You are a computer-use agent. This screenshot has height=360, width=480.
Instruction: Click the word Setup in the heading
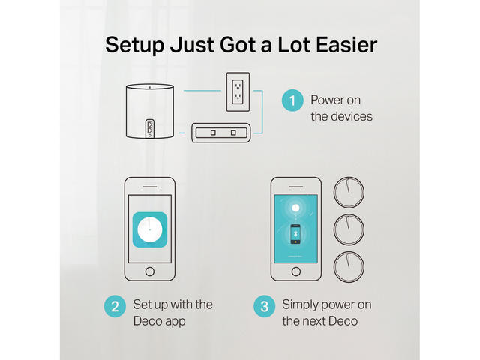(135, 45)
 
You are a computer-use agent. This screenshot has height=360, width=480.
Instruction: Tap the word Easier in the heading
(346, 45)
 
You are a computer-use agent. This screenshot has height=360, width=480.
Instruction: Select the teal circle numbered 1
(292, 100)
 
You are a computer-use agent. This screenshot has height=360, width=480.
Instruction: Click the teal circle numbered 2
(115, 306)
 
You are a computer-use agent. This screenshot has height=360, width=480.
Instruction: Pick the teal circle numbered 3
(265, 306)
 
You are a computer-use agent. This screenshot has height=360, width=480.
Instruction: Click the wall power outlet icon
(238, 91)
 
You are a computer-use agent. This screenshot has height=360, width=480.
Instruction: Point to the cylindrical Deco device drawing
(150, 111)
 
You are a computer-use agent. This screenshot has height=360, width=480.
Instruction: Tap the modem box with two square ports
(221, 133)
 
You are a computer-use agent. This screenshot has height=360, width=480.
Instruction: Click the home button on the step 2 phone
(150, 271)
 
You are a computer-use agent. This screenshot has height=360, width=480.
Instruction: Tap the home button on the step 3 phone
(296, 271)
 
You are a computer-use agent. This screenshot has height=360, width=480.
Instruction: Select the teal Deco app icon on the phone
(150, 229)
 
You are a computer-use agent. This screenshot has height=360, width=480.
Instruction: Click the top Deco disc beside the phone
(349, 193)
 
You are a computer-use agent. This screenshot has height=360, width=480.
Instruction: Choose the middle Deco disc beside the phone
(349, 229)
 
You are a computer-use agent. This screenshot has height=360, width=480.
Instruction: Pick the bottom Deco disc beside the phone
(349, 267)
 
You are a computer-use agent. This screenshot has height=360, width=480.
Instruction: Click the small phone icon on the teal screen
(295, 234)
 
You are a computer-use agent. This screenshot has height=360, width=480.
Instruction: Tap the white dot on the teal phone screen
(295, 208)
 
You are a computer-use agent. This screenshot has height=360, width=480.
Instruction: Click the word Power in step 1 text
(326, 100)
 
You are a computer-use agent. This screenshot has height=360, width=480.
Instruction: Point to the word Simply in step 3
(300, 305)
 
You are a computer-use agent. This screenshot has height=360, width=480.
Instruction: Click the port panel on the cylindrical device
(150, 128)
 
